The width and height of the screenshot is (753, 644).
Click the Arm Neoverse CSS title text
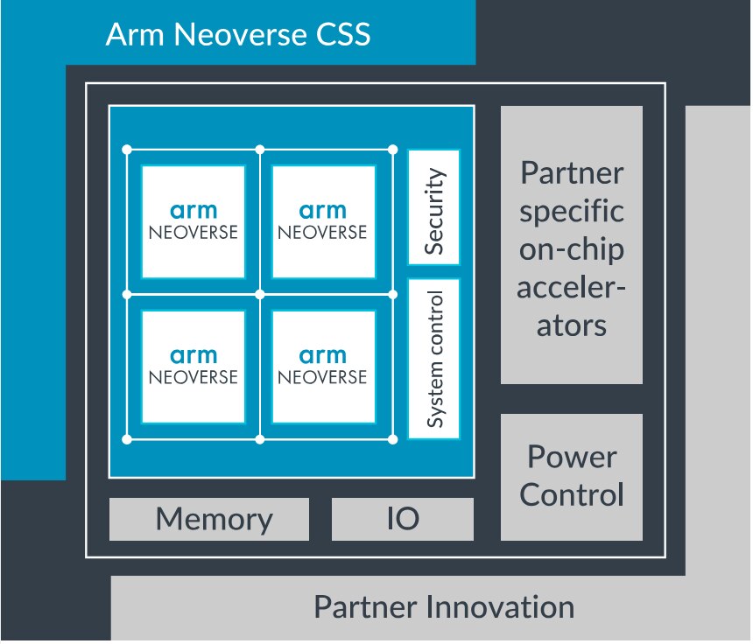(x=237, y=36)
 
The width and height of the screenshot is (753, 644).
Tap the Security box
(x=433, y=207)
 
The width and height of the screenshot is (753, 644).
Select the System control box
(x=433, y=359)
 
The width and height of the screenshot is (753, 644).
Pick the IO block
(x=403, y=520)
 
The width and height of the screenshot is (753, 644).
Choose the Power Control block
(x=572, y=476)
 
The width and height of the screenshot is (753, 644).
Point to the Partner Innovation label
(x=444, y=607)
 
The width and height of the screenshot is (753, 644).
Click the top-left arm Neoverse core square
(x=193, y=220)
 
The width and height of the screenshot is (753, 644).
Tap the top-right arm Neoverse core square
(x=323, y=220)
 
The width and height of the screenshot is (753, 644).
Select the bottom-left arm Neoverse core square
(x=193, y=366)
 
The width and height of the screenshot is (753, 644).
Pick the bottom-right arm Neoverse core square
(x=323, y=366)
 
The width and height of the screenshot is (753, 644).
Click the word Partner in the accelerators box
(x=572, y=172)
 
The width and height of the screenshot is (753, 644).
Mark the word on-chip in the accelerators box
(x=572, y=250)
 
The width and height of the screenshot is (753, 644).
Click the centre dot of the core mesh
(x=260, y=294)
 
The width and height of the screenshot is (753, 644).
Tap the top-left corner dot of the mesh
(x=127, y=149)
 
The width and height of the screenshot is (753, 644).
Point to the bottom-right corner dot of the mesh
(x=392, y=438)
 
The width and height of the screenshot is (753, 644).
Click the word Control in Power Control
(x=572, y=494)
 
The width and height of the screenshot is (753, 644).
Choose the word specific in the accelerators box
(x=572, y=212)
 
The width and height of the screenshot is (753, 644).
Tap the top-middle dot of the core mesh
(x=260, y=149)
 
